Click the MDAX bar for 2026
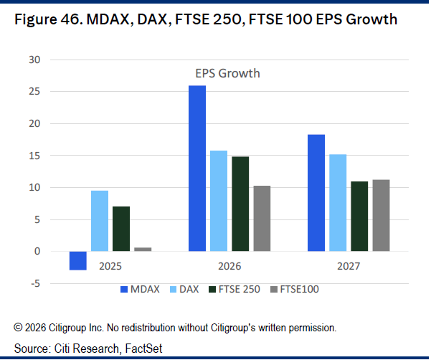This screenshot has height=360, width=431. coord(197,169)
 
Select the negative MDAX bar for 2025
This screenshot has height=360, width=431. coord(78,260)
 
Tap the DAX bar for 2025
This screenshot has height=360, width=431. coord(100,221)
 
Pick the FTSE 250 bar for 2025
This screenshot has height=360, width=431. coord(121,229)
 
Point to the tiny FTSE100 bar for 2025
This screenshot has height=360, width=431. coord(143,249)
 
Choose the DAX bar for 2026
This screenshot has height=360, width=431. coord(219,201)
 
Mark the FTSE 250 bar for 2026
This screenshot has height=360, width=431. coord(240,204)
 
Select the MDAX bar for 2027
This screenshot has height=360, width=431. coord(316,193)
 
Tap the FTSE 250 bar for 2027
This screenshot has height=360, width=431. coord(359,217)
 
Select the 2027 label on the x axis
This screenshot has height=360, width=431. coord(349,267)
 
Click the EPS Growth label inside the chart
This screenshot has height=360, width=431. coord(227,73)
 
